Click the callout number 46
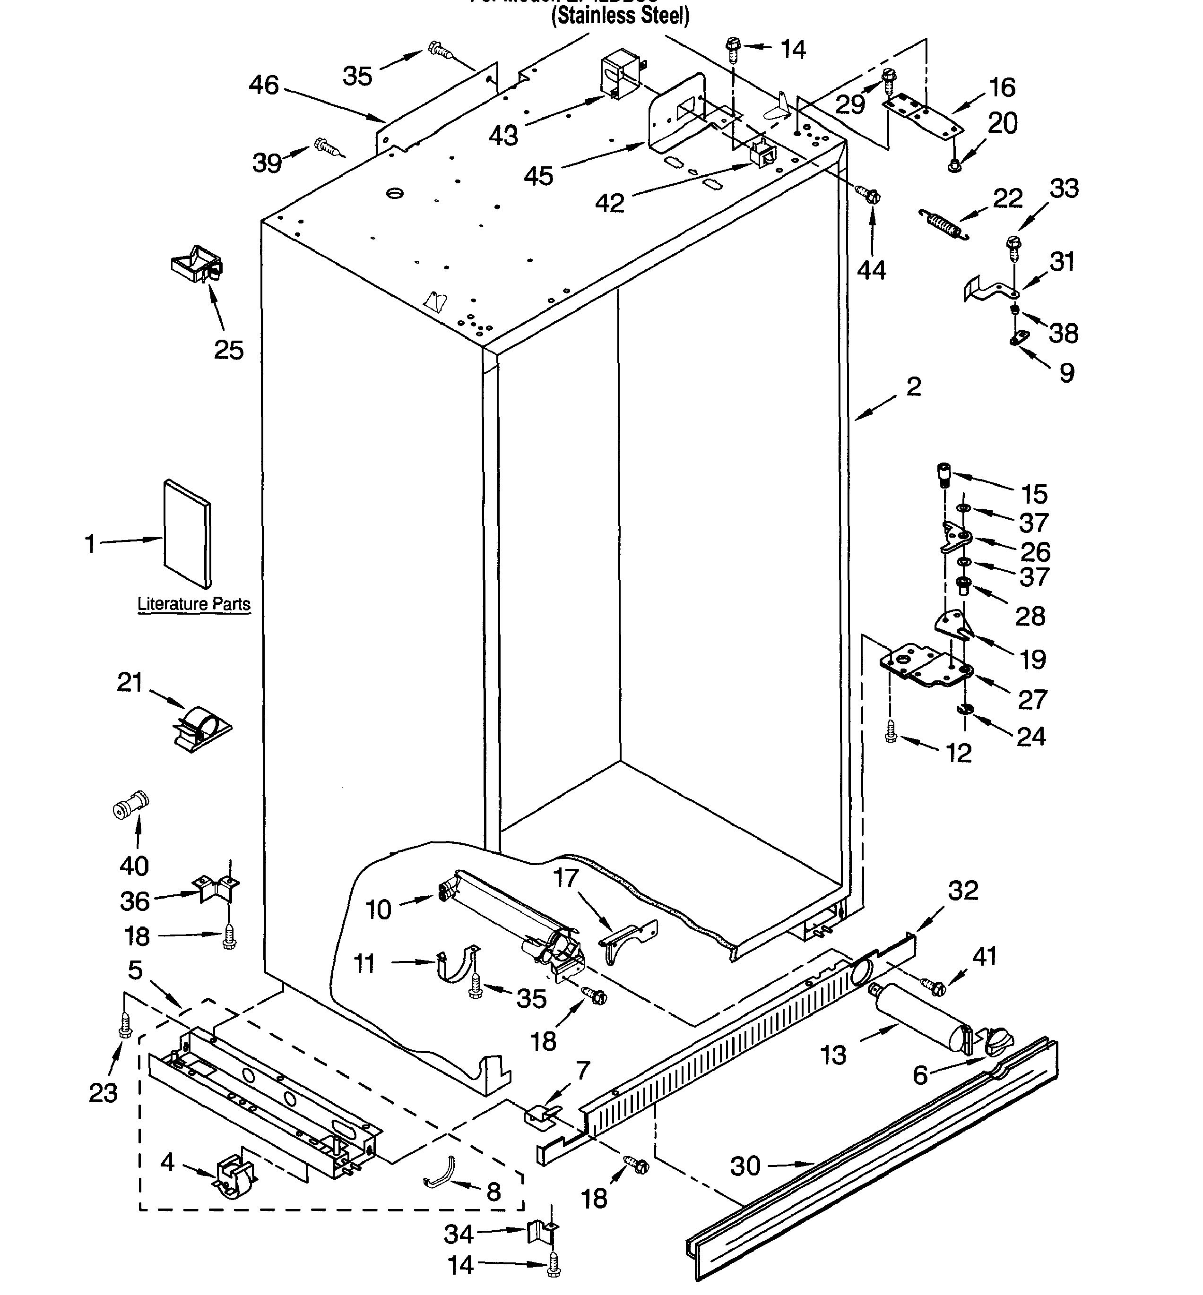click(264, 85)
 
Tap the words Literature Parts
click(193, 604)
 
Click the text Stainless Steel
click(620, 16)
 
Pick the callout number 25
click(228, 350)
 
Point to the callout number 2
click(913, 386)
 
